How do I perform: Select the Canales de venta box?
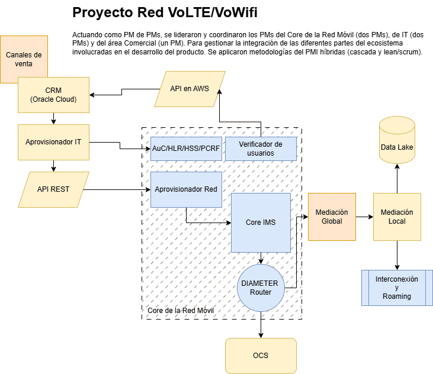(x=24, y=59)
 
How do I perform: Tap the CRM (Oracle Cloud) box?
(x=53, y=95)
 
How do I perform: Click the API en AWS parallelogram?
(x=189, y=89)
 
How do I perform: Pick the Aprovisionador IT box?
(x=53, y=142)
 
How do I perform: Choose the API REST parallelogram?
(x=53, y=189)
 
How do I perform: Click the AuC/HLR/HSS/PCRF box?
(x=186, y=149)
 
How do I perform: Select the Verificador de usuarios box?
(x=261, y=149)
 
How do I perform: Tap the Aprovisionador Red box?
(x=186, y=189)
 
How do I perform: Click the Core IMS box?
(x=261, y=223)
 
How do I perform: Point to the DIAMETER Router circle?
(x=261, y=288)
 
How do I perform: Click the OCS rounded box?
(x=261, y=356)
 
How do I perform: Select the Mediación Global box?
(x=332, y=217)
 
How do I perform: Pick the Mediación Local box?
(x=397, y=217)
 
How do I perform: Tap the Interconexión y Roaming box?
(x=397, y=288)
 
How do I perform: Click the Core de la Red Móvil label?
(x=180, y=311)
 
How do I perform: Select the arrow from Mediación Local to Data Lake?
(x=397, y=179)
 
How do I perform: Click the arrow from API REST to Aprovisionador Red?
(x=118, y=189)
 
